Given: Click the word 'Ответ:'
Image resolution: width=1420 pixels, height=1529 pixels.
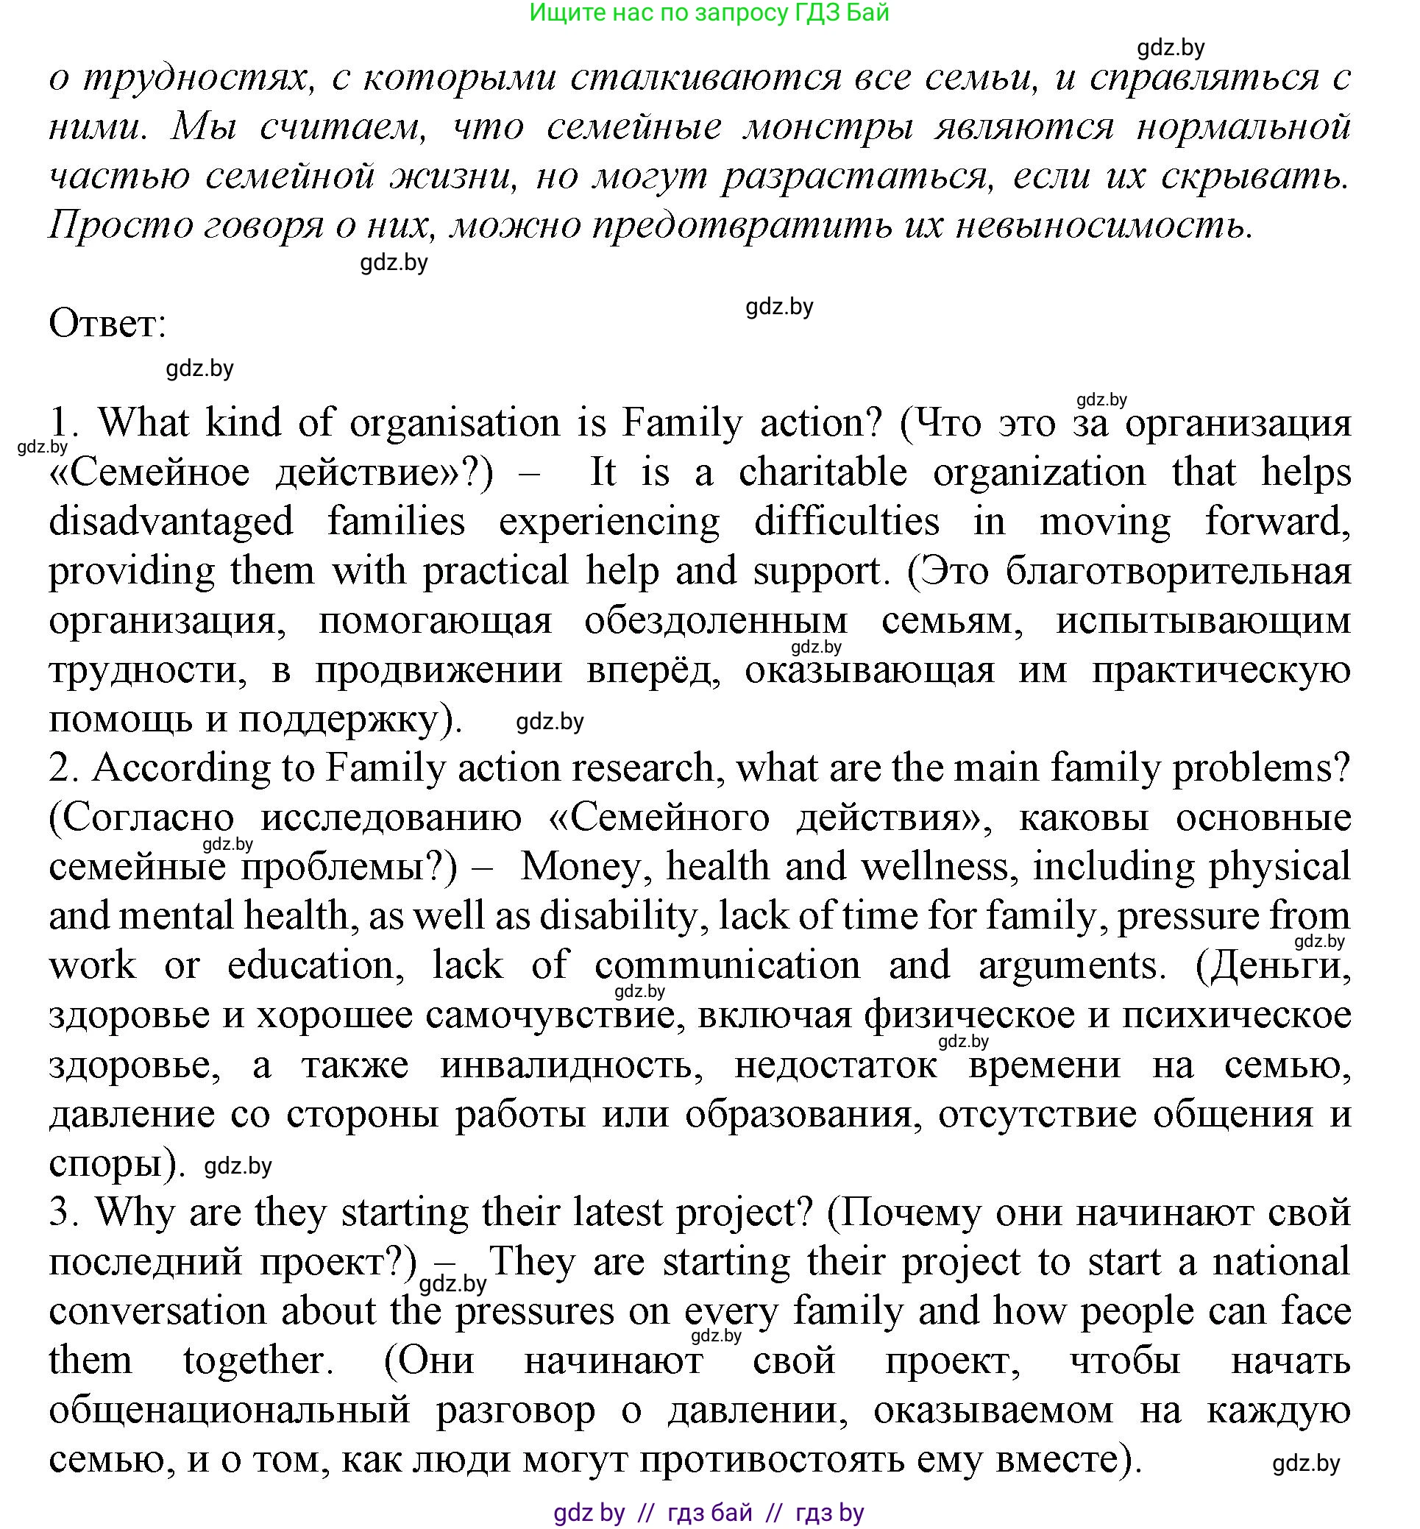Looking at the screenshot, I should (107, 324).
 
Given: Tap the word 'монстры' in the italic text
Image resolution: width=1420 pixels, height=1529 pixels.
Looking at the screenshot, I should (828, 127).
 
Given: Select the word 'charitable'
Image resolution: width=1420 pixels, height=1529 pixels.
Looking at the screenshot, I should (822, 472).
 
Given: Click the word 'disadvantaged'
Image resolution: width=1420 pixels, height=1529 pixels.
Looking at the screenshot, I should (171, 522).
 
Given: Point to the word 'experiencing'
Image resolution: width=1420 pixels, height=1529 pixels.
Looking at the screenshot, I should (609, 522).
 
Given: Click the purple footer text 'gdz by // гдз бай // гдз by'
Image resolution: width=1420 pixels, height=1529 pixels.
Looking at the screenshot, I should (709, 1513).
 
